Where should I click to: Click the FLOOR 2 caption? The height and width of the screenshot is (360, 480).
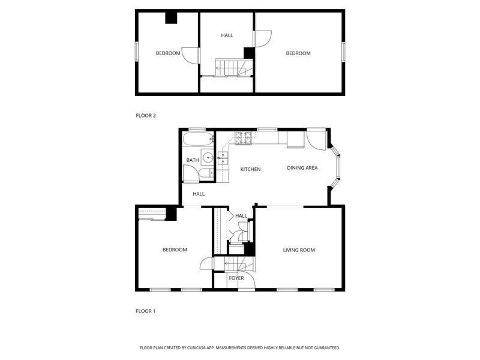pyautogui.click(x=146, y=115)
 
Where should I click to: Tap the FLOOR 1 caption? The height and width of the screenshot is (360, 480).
pyautogui.click(x=146, y=311)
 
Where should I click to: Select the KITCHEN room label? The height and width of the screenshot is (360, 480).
pyautogui.click(x=250, y=169)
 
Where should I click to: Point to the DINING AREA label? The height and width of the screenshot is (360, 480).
pyautogui.click(x=302, y=168)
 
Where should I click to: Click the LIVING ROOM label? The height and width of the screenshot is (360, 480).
pyautogui.click(x=299, y=250)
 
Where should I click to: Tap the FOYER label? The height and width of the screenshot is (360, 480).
pyautogui.click(x=236, y=278)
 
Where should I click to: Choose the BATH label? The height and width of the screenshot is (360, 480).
pyautogui.click(x=193, y=160)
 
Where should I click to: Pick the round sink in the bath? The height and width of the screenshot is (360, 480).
pyautogui.click(x=208, y=158)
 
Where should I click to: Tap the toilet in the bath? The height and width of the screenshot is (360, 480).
pyautogui.click(x=205, y=174)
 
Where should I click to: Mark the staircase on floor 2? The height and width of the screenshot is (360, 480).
pyautogui.click(x=230, y=67)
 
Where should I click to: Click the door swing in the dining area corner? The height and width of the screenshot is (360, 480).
pyautogui.click(x=316, y=140)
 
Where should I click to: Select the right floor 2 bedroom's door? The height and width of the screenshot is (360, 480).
pyautogui.click(x=263, y=38)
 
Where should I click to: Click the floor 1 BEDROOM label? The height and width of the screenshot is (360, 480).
pyautogui.click(x=175, y=250)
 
